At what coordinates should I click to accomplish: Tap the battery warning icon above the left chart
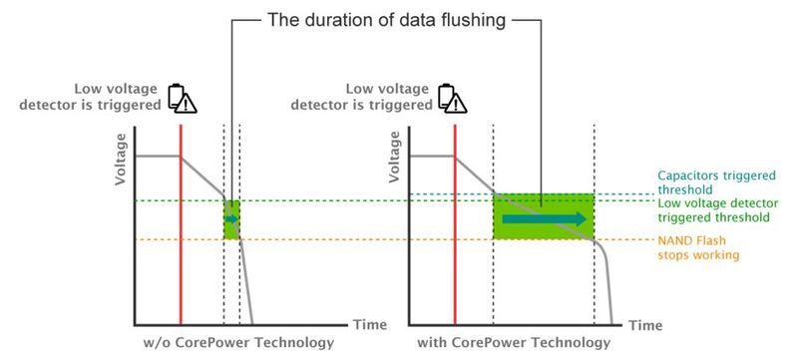pos(182,97)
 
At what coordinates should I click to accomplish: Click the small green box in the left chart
pos(231,219)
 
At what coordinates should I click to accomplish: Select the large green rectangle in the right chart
pos(544,216)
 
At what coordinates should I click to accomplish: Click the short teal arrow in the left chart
pos(232,219)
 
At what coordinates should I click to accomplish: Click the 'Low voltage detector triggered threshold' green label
pos(714,209)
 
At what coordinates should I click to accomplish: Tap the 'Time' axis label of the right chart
pos(645,325)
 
